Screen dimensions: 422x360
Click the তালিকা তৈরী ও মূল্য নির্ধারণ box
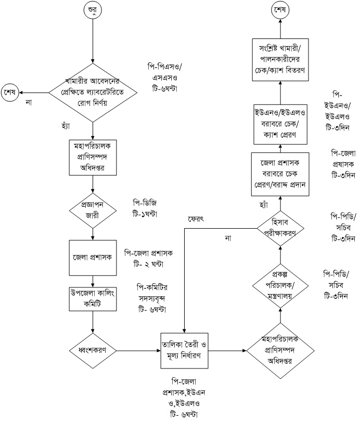coord(185,350)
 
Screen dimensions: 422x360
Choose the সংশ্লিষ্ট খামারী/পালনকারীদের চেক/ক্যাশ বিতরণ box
coord(281,60)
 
